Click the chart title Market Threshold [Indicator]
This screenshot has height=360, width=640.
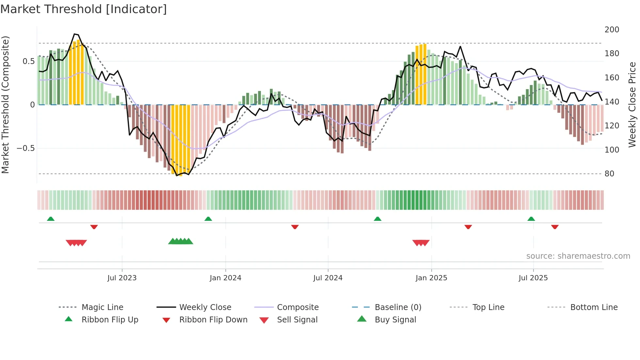coord(84,9)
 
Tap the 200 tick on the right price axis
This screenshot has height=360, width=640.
coord(612,30)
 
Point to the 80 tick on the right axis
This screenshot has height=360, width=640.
coord(609,174)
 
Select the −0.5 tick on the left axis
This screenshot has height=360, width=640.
coord(25,148)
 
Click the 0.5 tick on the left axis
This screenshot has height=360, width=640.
coord(28,61)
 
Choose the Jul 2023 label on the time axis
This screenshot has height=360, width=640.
coord(122,278)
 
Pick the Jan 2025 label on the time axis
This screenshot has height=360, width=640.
coord(431,278)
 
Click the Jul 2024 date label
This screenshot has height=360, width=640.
coord(328,278)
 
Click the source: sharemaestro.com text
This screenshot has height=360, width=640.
coord(578,256)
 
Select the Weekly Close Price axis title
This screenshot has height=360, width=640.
coord(632,105)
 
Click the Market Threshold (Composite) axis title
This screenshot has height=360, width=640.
coord(5,105)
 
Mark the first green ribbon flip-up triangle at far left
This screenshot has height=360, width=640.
coord(51,219)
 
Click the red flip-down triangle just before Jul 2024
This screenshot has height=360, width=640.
coord(295,227)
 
